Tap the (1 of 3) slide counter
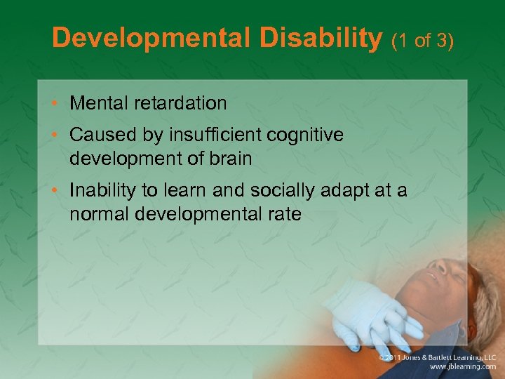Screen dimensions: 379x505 423,41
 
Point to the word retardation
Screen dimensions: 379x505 182,103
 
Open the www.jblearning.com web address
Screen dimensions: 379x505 463,366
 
